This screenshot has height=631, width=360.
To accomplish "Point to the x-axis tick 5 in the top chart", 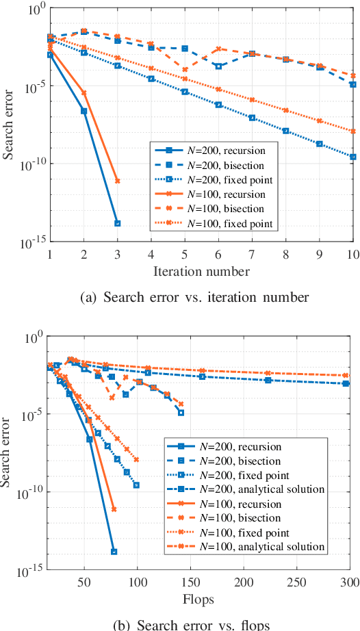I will click(x=185, y=254).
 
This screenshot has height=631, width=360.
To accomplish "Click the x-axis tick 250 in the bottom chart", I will click(x=296, y=582).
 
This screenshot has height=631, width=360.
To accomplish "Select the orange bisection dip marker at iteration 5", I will click(x=185, y=69).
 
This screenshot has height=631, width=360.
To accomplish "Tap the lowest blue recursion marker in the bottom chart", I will click(x=114, y=552).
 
